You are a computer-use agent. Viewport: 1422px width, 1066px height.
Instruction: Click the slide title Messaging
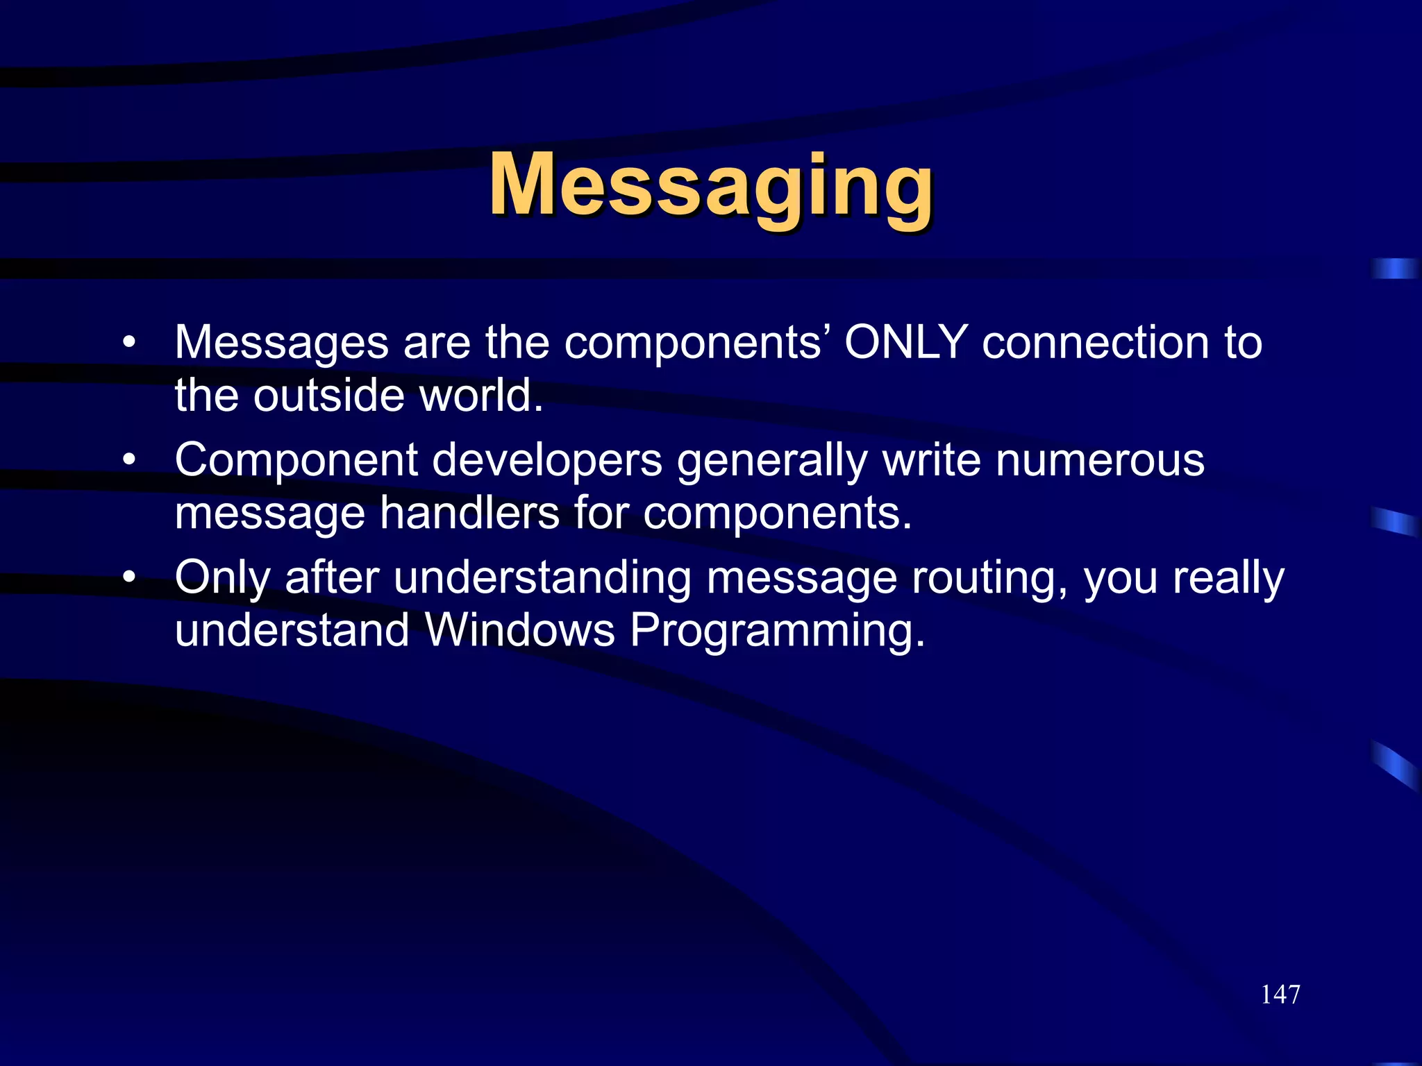point(710,186)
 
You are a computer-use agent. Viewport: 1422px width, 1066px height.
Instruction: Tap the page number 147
point(1280,995)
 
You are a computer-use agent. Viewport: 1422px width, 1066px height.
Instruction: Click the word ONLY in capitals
point(905,342)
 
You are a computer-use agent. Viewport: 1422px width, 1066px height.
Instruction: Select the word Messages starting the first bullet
point(281,344)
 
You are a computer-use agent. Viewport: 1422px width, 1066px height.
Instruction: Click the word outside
point(328,396)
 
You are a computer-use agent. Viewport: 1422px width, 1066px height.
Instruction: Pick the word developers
point(547,462)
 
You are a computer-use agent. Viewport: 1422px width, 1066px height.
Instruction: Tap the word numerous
point(1100,460)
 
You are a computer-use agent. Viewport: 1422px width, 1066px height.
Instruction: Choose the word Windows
point(519,630)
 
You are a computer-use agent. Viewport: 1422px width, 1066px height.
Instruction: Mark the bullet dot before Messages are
point(128,343)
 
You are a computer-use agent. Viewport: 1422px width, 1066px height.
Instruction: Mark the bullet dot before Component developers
point(128,460)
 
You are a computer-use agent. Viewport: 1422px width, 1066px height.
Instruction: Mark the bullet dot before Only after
point(128,577)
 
